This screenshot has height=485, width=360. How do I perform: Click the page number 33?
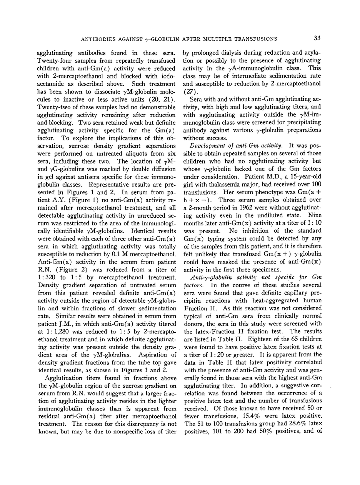coord(317,38)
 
